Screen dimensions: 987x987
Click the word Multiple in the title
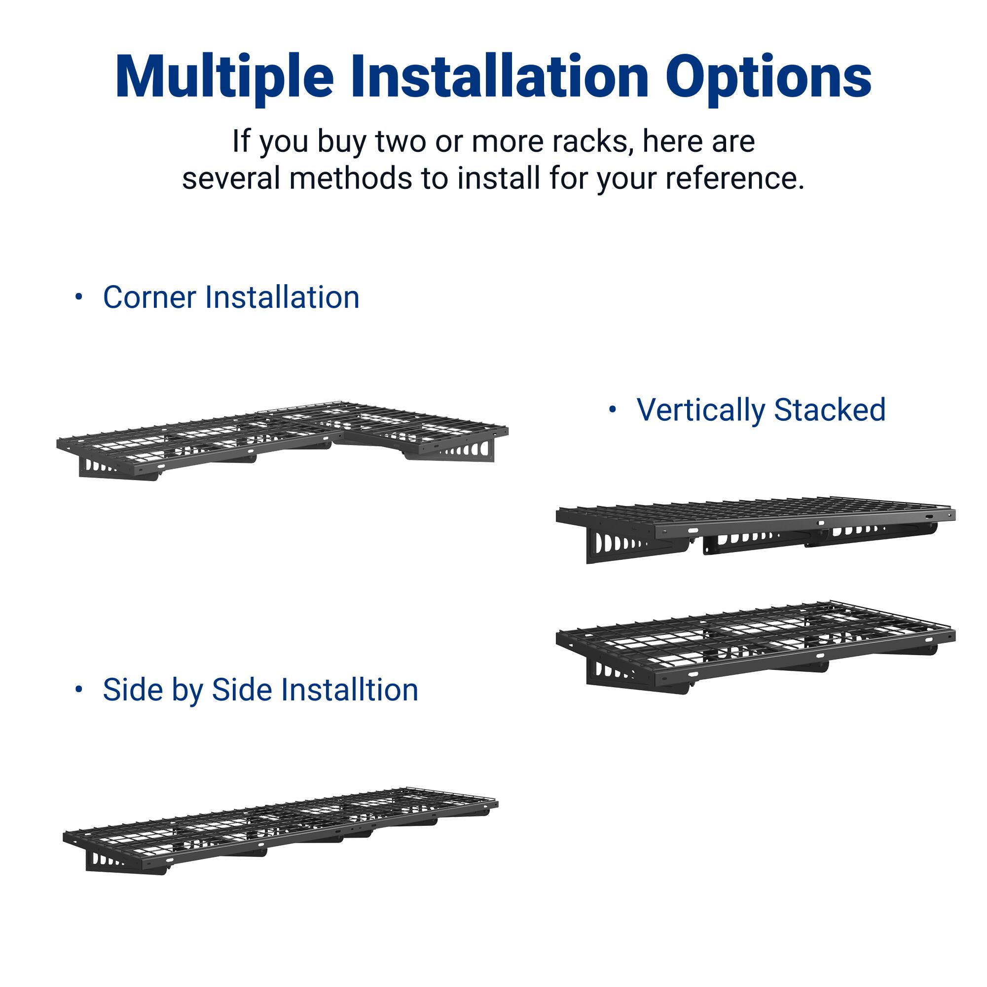[x=225, y=76]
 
